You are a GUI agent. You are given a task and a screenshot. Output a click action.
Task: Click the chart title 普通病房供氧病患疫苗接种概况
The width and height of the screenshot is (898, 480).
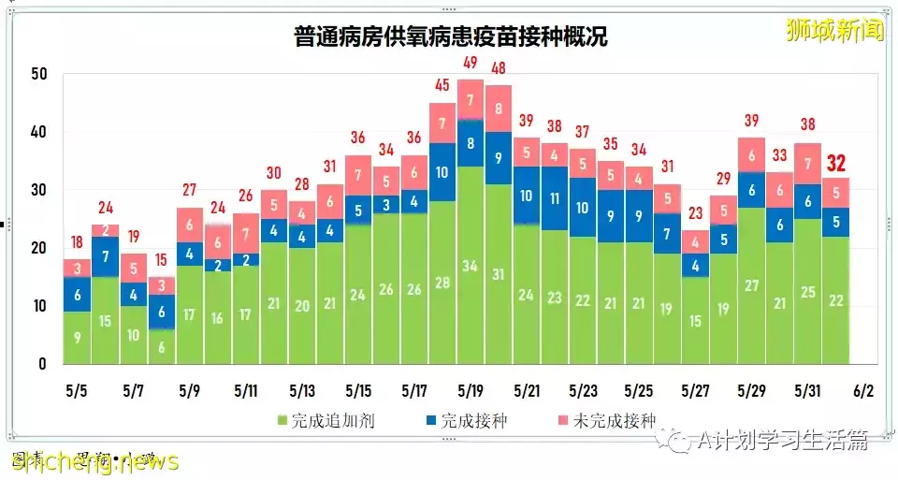click(450, 37)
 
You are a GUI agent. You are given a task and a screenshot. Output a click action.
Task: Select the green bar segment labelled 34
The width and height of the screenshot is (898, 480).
click(471, 266)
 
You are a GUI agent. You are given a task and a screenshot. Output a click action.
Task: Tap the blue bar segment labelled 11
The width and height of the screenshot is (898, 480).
click(555, 198)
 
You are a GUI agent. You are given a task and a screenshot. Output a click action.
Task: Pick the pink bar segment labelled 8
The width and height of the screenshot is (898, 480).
click(499, 108)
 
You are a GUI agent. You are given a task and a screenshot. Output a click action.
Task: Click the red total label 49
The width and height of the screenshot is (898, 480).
click(471, 64)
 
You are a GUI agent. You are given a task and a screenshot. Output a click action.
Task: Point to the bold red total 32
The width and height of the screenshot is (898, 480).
click(836, 165)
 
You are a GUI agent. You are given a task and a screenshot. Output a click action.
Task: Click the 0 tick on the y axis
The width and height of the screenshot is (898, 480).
click(42, 364)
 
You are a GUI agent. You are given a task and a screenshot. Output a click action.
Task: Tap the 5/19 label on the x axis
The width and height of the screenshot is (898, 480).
click(471, 387)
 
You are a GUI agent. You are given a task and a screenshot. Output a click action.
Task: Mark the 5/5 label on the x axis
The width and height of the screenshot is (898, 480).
click(77, 387)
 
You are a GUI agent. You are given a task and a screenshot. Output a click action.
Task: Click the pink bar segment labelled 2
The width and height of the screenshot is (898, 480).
click(105, 230)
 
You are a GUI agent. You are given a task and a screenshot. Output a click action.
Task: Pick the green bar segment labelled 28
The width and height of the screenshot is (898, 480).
click(442, 283)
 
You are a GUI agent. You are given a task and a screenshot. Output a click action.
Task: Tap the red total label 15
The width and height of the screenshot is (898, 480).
click(161, 259)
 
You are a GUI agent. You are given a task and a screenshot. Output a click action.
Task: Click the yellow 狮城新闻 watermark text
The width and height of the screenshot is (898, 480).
click(834, 31)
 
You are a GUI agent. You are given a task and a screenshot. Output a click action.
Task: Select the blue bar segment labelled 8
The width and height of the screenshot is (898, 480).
click(471, 144)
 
